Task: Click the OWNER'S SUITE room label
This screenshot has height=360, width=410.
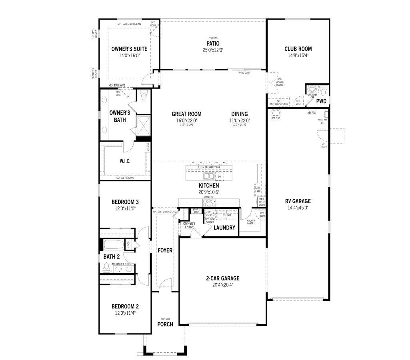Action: click(x=123, y=49)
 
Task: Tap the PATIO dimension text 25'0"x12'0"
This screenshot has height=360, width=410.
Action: click(x=212, y=50)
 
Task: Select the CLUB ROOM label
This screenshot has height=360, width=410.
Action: click(x=298, y=49)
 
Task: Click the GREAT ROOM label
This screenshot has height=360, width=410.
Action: click(x=186, y=114)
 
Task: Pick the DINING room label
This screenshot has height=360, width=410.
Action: click(x=239, y=114)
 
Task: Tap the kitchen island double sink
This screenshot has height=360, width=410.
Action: click(x=209, y=176)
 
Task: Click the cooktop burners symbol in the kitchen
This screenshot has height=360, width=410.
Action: click(x=209, y=204)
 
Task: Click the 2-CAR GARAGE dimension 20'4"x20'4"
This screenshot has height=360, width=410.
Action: click(x=223, y=285)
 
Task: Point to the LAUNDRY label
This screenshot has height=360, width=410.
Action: click(x=224, y=228)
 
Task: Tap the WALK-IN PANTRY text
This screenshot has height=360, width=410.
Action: click(x=251, y=222)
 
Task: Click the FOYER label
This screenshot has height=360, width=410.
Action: click(x=165, y=250)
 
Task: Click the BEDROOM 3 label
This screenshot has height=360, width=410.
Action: click(x=125, y=202)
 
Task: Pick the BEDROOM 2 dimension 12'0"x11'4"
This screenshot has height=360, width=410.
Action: click(x=125, y=313)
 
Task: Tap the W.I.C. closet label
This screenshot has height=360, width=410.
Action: click(x=125, y=161)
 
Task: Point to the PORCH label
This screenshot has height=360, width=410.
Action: click(x=165, y=324)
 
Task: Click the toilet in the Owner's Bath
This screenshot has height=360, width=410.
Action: click(x=144, y=94)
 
